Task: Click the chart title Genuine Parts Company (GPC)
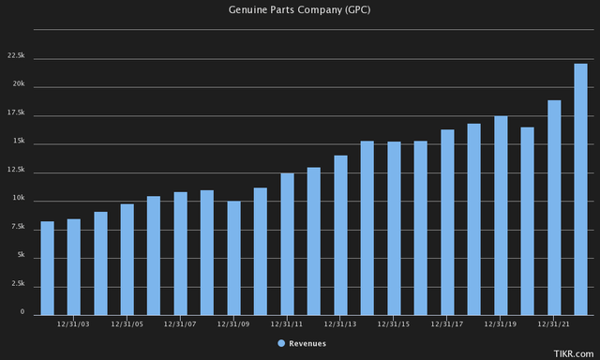pos(300,9)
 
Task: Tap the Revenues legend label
pos(307,344)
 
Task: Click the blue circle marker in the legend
pos(281,344)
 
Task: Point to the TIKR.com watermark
pos(575,352)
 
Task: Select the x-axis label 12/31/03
pos(73,324)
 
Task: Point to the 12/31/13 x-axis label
pos(340,324)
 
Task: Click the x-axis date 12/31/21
pos(554,324)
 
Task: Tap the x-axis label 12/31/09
pos(233,324)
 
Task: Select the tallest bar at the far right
pos(580,188)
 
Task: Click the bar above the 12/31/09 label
pos(233,257)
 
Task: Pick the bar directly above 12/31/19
pos(501,215)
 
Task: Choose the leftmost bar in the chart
pos(47,267)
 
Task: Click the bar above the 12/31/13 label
pos(340,234)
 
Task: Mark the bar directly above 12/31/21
pos(554,206)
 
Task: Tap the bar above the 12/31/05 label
pos(127,259)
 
